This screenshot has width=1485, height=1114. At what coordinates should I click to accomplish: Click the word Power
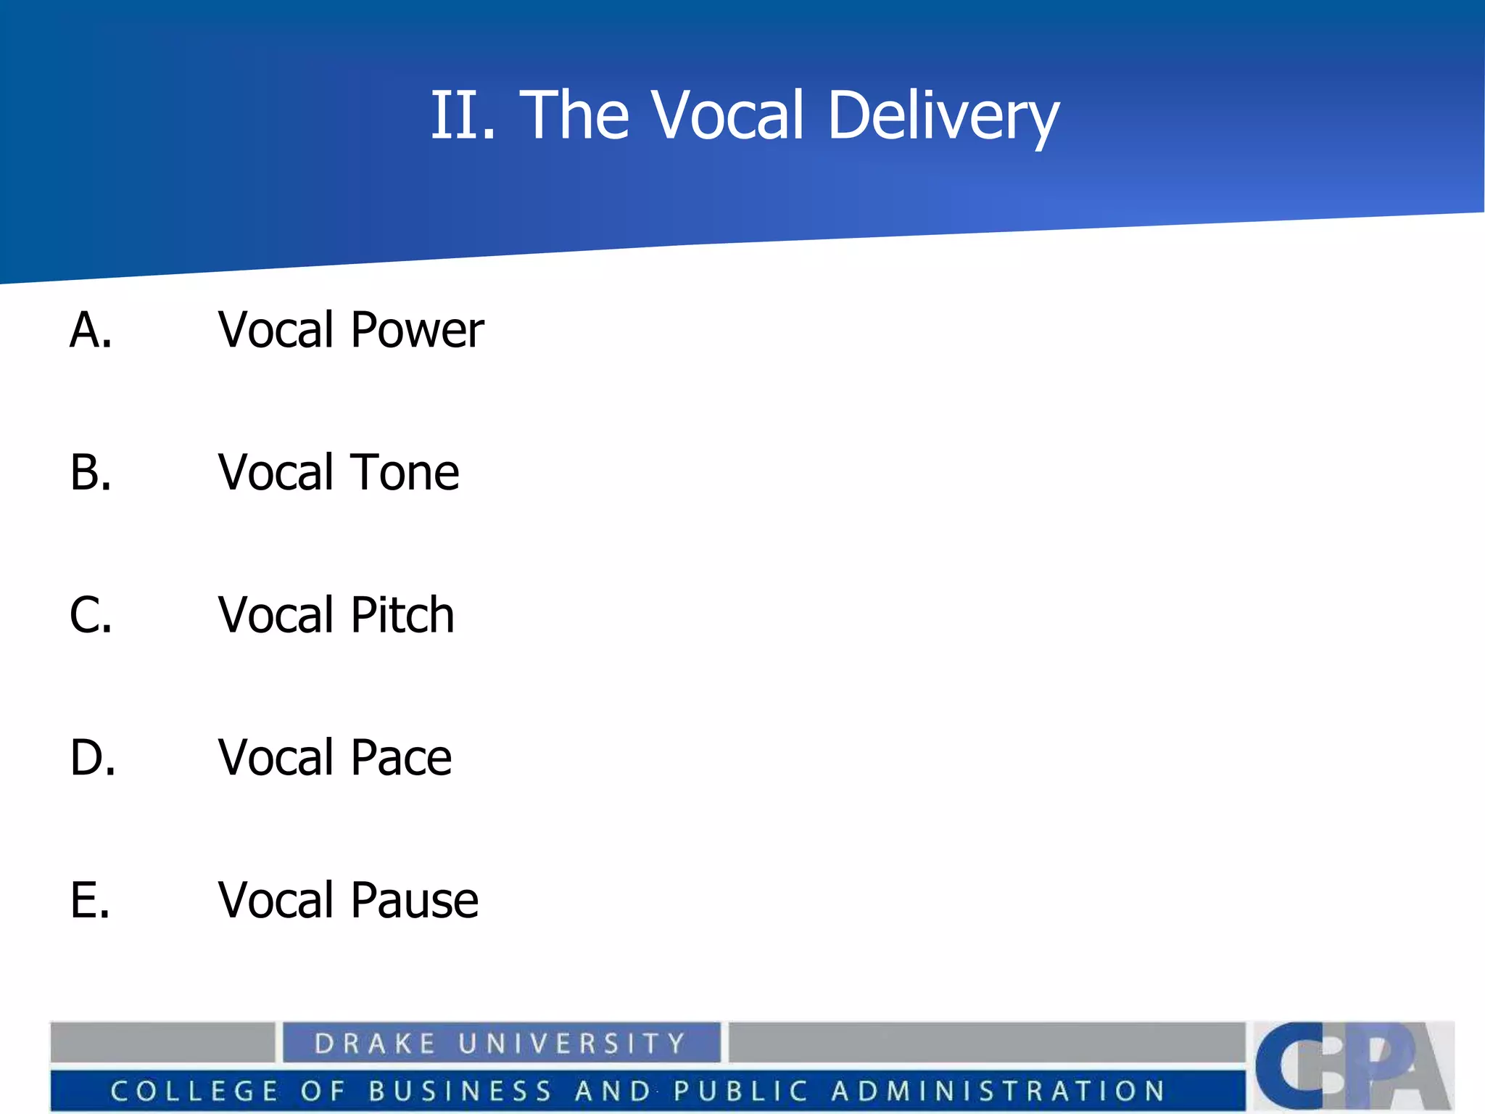tap(417, 331)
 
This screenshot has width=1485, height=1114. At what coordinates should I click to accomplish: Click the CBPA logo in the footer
tap(1353, 1065)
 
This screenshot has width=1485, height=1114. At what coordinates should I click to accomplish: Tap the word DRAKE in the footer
tap(375, 1044)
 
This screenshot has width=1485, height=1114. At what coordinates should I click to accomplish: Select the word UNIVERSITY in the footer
tap(572, 1044)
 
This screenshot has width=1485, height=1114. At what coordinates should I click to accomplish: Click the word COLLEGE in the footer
tap(194, 1091)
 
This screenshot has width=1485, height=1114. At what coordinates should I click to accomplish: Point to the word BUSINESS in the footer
tap(460, 1091)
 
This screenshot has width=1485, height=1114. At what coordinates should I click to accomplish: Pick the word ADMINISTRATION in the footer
tap(998, 1091)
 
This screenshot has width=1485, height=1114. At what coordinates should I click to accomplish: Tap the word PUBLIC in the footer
tap(740, 1091)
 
